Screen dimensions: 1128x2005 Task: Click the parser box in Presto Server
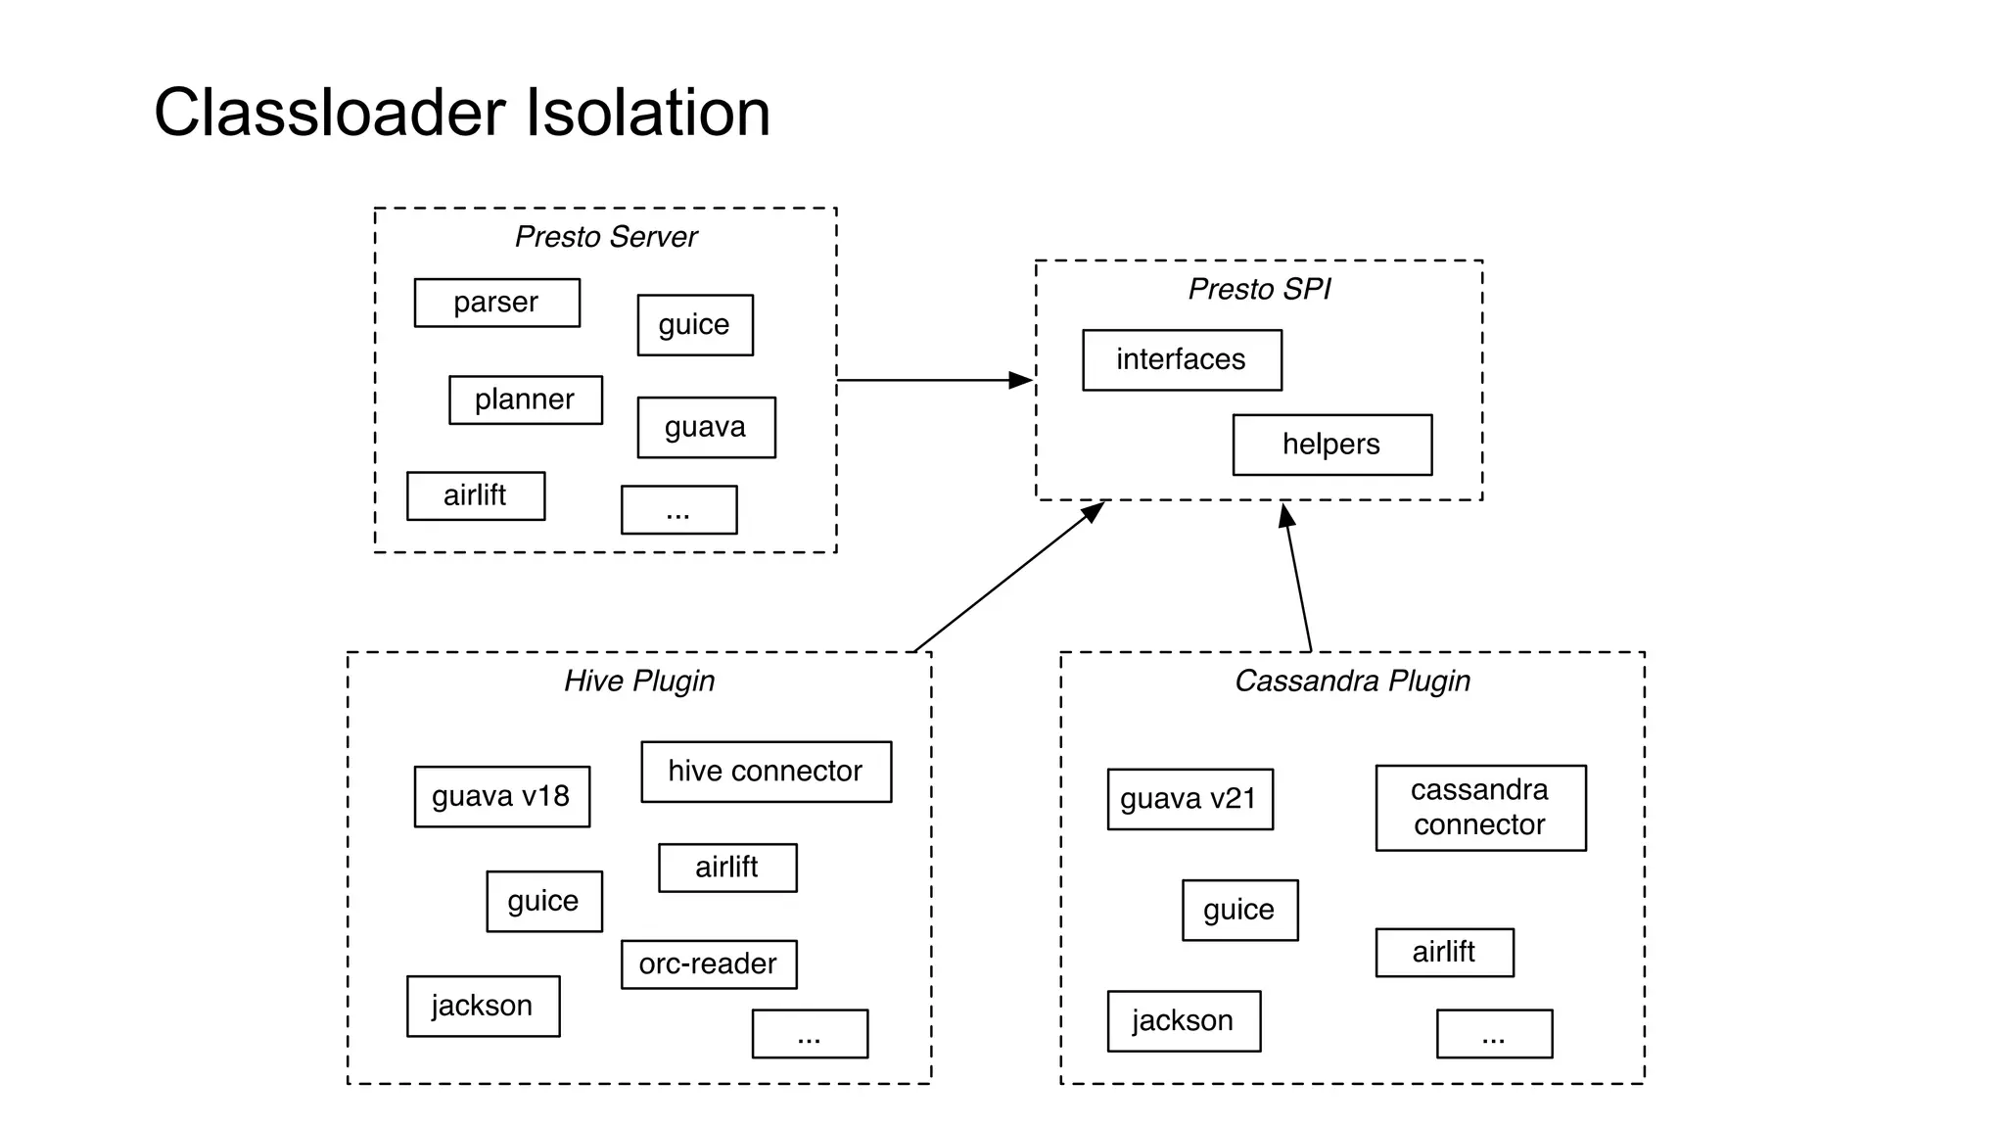pos(496,303)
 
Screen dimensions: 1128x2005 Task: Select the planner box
pos(525,399)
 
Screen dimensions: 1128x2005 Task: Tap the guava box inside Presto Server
pos(706,427)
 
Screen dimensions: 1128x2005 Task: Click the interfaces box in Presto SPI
pos(1182,359)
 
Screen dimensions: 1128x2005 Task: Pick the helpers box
pos(1331,445)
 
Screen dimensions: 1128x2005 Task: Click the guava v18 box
pos(501,796)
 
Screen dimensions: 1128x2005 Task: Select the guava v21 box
pos(1189,799)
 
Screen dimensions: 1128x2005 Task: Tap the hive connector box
pos(766,772)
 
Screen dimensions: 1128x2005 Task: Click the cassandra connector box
pos(1480,808)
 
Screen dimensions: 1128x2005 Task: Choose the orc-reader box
pos(708,964)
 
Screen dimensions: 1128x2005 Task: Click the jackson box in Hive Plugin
pos(483,1006)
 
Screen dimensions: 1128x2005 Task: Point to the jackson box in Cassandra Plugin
pos(1184,1021)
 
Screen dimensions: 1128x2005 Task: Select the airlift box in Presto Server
pos(476,495)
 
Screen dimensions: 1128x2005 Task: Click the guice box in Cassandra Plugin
pos(1239,910)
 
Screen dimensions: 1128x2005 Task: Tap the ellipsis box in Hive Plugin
pos(810,1034)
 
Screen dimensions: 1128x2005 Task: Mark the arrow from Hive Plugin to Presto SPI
pos(1008,578)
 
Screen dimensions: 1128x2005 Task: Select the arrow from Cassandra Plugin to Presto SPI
pos(1298,578)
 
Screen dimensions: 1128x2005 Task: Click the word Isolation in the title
pos(648,113)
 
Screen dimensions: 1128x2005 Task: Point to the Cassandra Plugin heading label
pos(1352,681)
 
